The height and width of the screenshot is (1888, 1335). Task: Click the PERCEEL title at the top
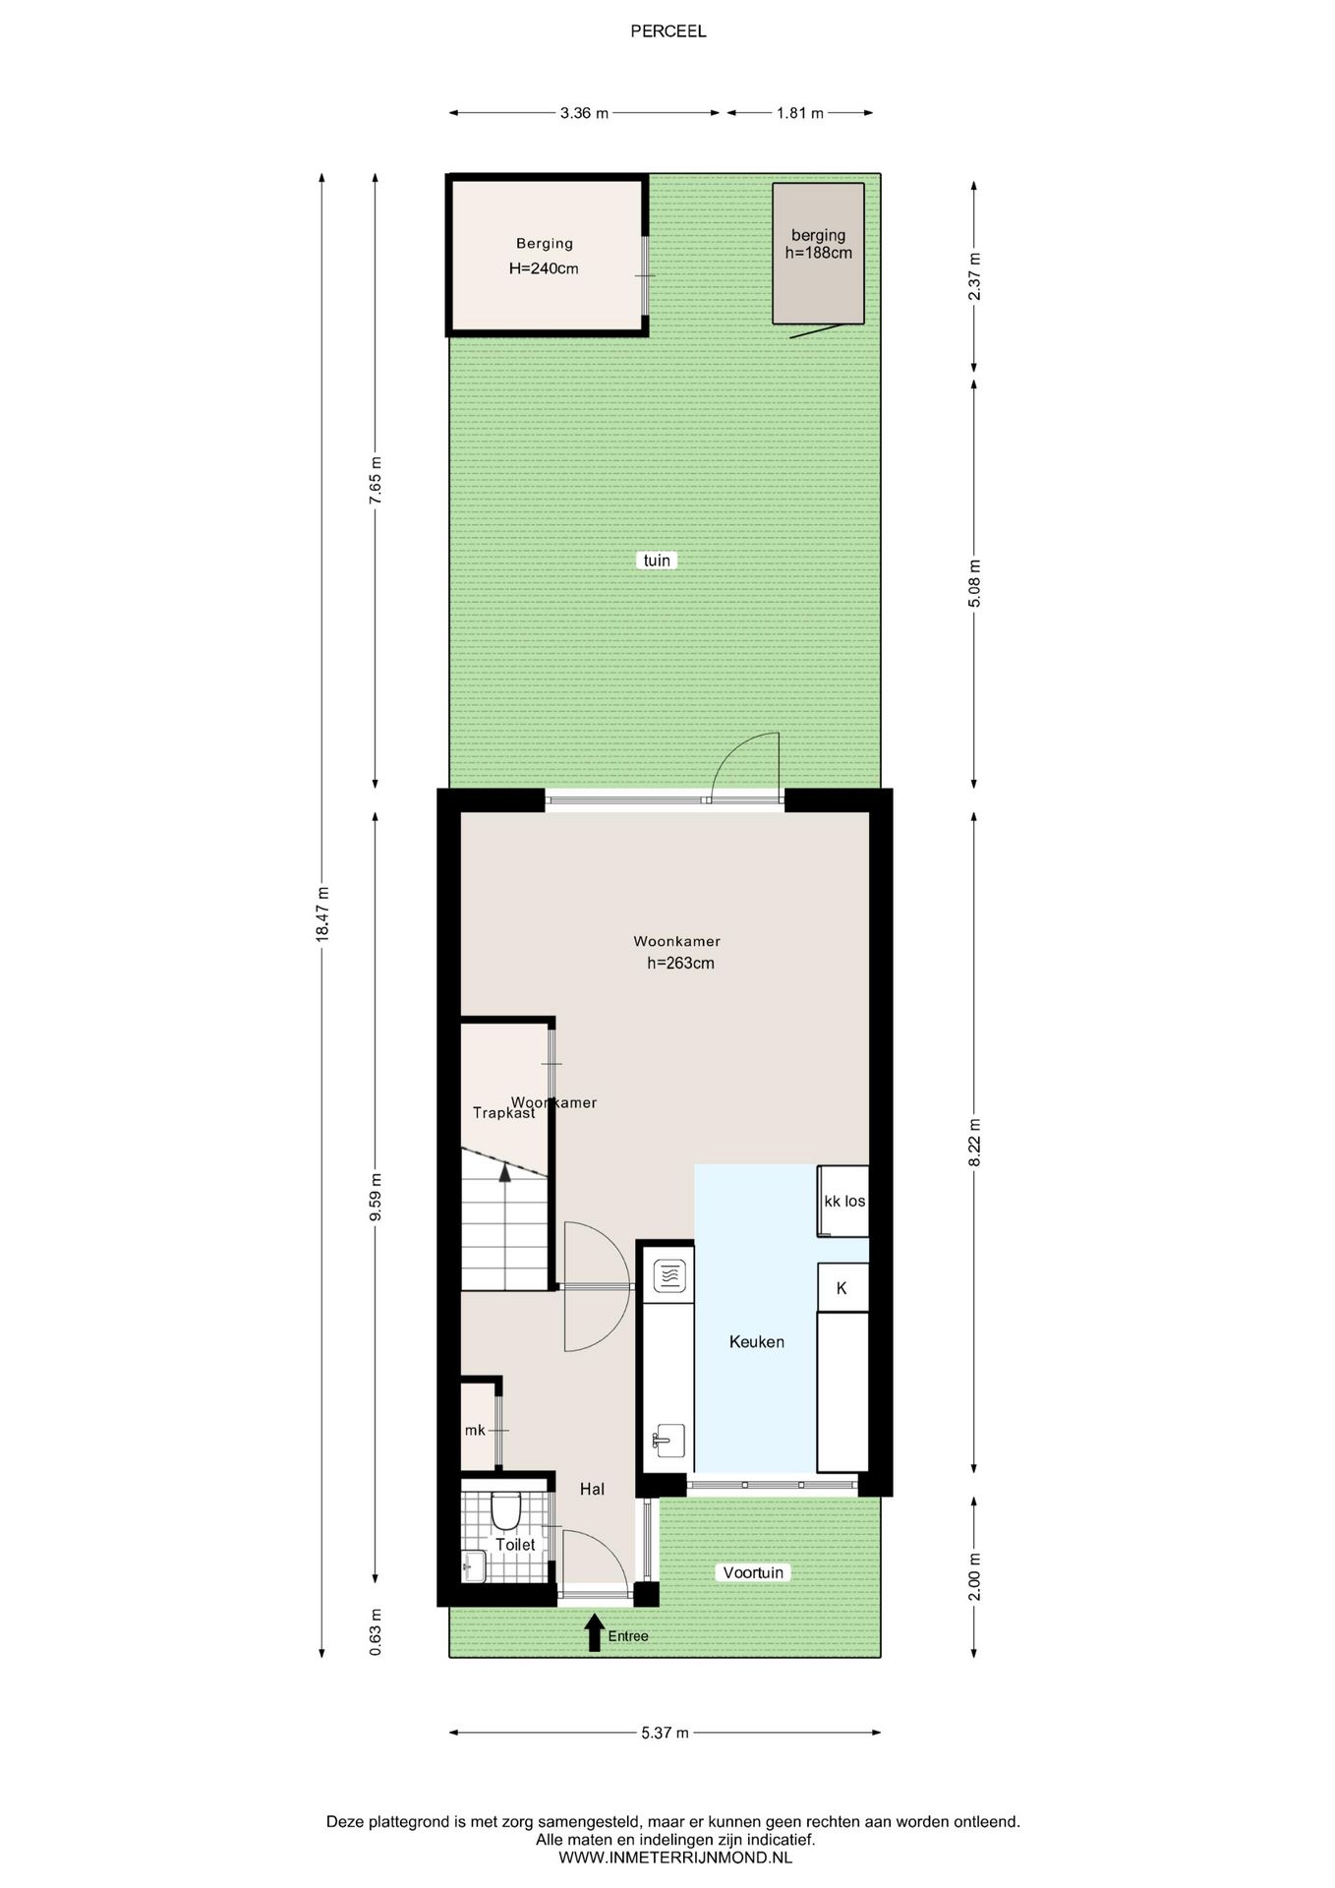(x=667, y=31)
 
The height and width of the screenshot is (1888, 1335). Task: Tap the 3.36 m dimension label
(x=584, y=113)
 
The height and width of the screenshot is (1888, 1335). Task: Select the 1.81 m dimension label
(x=799, y=113)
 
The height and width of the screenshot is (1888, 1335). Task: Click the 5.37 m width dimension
(x=665, y=1733)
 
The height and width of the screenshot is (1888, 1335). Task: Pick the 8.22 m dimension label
(x=974, y=1143)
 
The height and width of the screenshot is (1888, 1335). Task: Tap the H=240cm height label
(x=544, y=268)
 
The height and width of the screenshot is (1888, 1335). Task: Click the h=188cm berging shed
(x=818, y=253)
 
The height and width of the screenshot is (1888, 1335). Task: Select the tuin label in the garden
(x=657, y=560)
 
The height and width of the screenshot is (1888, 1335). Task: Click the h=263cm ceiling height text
(x=680, y=964)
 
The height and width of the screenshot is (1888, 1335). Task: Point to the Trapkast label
(x=503, y=1113)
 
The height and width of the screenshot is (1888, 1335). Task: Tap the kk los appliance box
(x=843, y=1201)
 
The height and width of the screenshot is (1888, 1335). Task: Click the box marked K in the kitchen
(x=843, y=1287)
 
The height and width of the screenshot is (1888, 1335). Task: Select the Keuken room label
(x=757, y=1341)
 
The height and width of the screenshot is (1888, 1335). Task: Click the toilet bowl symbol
(x=505, y=1510)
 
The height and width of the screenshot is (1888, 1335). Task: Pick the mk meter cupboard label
(x=475, y=1430)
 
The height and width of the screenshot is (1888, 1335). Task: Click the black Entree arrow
(x=594, y=1632)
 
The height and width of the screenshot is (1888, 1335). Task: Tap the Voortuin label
(x=753, y=1572)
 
